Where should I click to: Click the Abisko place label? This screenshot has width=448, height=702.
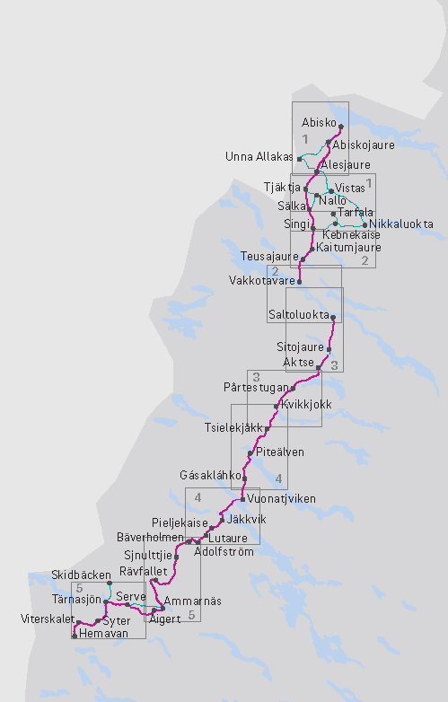point(319,122)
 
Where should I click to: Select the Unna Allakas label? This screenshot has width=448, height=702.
point(259,157)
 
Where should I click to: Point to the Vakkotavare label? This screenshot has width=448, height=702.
point(261,280)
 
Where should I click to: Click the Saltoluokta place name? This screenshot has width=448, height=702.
point(299,315)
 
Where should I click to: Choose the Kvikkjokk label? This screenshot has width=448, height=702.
point(306,405)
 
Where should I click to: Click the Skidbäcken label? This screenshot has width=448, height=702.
point(81,574)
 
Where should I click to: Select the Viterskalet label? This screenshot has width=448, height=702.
point(47,619)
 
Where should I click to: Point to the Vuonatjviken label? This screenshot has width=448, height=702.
point(281,498)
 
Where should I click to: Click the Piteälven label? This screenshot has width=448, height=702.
point(280,452)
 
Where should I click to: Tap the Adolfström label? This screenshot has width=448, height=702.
point(224,552)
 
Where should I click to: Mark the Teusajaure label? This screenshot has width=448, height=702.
point(269,257)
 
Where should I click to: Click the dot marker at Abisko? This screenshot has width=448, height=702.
point(341,127)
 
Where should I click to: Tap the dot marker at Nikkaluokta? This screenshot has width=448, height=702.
point(364,224)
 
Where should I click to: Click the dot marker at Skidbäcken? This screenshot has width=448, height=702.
point(109,583)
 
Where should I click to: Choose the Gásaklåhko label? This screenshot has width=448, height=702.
point(211,474)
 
